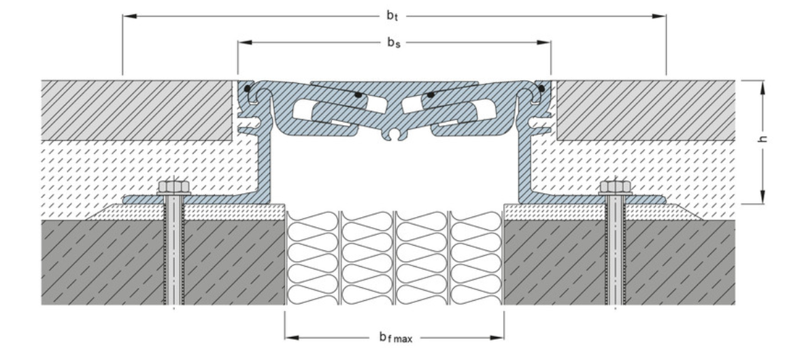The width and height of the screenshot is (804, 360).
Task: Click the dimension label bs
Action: (x=394, y=43)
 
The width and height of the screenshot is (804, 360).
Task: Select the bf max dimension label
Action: (x=395, y=337)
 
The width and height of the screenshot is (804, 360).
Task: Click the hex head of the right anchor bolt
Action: (x=615, y=186)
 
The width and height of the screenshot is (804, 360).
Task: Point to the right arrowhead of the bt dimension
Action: (x=660, y=16)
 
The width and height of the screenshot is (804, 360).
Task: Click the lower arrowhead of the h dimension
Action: (x=764, y=198)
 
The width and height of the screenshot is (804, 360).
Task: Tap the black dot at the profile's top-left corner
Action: (x=248, y=88)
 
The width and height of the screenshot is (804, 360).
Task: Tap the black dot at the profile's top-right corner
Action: (x=540, y=88)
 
